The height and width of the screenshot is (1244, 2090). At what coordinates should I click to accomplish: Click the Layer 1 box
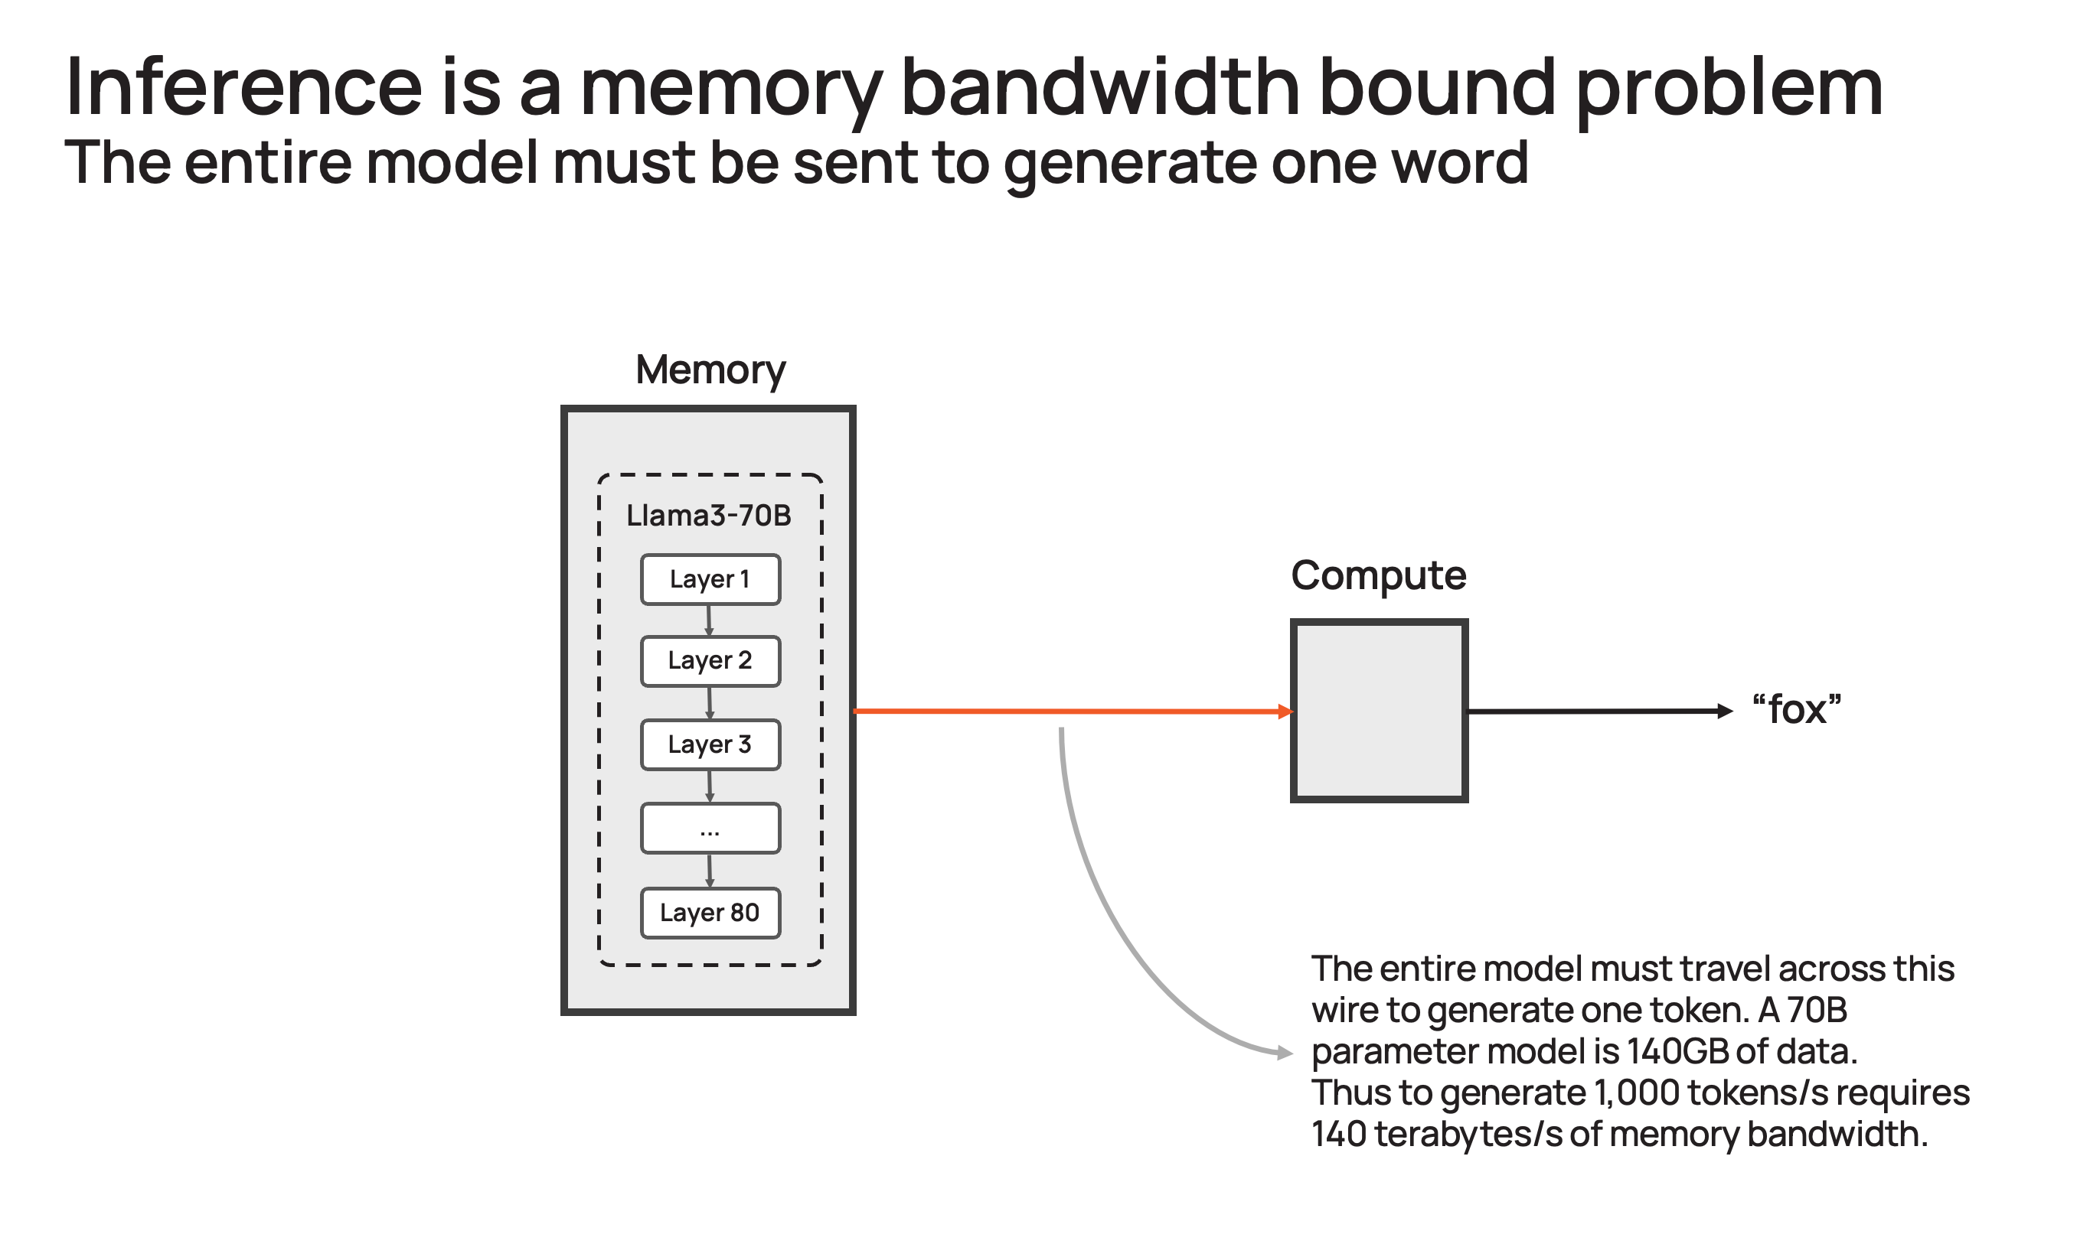pos(710,579)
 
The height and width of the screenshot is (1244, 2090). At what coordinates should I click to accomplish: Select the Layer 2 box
pos(710,661)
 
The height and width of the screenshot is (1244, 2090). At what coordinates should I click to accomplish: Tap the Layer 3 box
pos(710,744)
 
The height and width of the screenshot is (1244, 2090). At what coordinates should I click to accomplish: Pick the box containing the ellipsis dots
pos(710,829)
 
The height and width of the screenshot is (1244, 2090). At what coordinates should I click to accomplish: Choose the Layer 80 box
pos(710,913)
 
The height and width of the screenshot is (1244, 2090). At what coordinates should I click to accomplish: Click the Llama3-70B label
pos(709,516)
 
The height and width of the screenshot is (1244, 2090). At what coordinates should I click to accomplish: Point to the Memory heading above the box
pos(710,370)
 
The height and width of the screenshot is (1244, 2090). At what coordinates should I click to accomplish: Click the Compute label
pos(1378,576)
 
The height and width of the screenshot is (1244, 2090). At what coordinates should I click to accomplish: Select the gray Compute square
pos(1379,711)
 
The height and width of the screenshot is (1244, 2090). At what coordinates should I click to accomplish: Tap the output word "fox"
pos(1797,710)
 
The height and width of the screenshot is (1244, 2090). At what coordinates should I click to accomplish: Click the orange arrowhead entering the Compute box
pos(1285,712)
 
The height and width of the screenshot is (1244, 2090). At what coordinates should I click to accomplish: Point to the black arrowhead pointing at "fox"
pos(1725,711)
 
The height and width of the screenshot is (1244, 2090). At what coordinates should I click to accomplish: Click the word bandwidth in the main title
pos(1099,86)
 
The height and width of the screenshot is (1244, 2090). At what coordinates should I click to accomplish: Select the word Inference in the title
pos(243,86)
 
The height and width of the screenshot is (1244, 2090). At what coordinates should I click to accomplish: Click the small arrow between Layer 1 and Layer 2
pos(710,621)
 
